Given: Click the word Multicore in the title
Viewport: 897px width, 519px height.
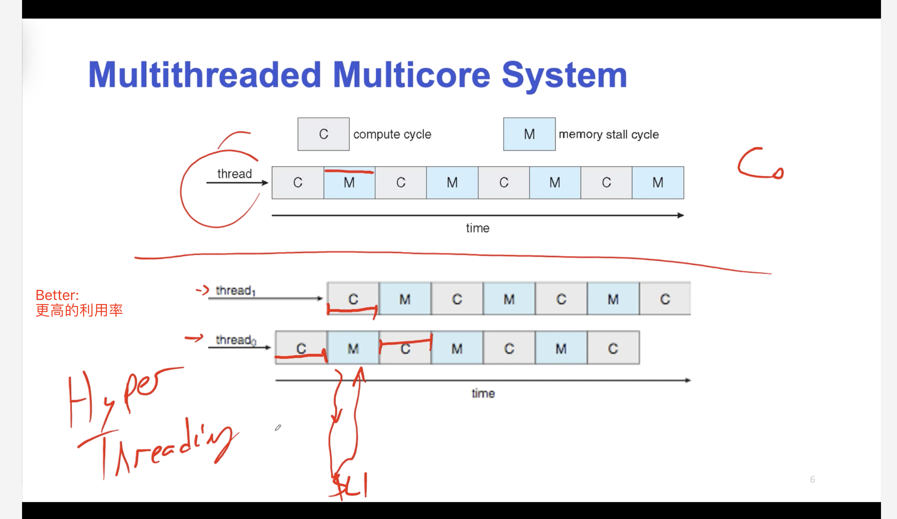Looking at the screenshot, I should pyautogui.click(x=411, y=75).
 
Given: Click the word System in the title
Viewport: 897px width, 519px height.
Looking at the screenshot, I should pyautogui.click(x=564, y=75).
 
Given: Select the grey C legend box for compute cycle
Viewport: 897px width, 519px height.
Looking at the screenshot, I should pyautogui.click(x=323, y=134).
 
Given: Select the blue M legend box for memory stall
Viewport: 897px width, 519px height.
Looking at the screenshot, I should pyautogui.click(x=529, y=134).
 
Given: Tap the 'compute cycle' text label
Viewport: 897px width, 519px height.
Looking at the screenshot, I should pyautogui.click(x=392, y=134).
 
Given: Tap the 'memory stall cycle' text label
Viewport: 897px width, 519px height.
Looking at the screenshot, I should pyautogui.click(x=608, y=134).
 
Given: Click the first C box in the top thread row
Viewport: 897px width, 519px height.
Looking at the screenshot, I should pyautogui.click(x=298, y=183).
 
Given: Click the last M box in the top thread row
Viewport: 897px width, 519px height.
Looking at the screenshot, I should pyautogui.click(x=658, y=183).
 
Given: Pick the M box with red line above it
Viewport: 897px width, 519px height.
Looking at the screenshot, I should pyautogui.click(x=349, y=183).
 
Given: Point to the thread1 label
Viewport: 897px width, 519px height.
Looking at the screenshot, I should pyautogui.click(x=235, y=290).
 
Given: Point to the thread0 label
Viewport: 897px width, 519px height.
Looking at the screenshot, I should pyautogui.click(x=235, y=340).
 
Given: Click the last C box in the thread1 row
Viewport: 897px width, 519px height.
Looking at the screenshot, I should pyautogui.click(x=665, y=299).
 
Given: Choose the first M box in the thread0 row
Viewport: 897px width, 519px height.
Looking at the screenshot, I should pyautogui.click(x=353, y=348).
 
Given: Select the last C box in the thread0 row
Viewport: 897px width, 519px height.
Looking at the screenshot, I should pyautogui.click(x=613, y=348).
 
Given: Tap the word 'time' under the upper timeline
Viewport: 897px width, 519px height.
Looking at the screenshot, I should pyautogui.click(x=477, y=228).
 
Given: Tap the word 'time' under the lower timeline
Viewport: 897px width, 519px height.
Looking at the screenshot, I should pyautogui.click(x=483, y=393).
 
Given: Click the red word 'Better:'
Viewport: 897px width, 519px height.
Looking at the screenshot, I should pyautogui.click(x=57, y=295).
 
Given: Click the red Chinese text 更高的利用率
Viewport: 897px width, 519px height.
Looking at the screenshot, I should pyautogui.click(x=79, y=310).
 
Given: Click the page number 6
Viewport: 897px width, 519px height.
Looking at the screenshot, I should pyautogui.click(x=812, y=479).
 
